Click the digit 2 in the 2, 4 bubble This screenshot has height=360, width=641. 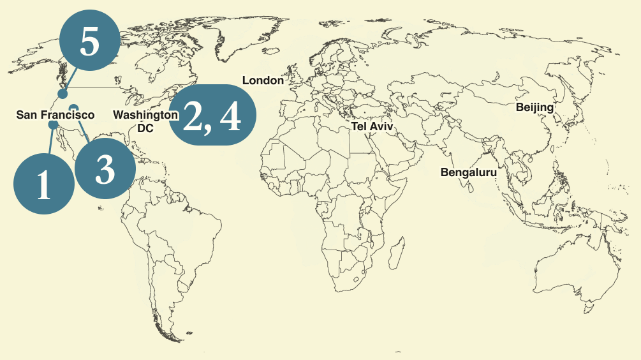[193, 116]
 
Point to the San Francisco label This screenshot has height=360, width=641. [55, 115]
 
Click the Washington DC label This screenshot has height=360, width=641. [145, 121]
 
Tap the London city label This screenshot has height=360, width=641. [263, 80]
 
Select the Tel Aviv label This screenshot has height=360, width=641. [372, 127]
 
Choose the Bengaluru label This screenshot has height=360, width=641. [468, 172]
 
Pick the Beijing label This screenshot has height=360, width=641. [534, 107]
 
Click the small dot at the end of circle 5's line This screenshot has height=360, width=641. [63, 94]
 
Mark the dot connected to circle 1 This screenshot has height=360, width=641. [53, 124]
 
